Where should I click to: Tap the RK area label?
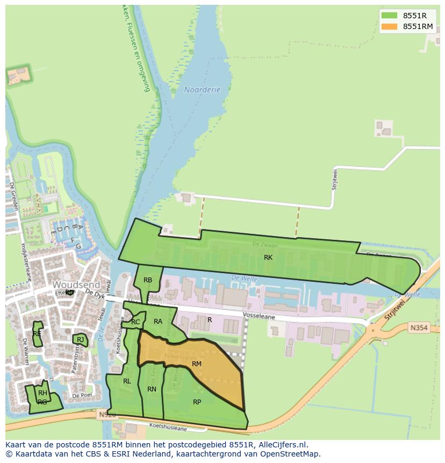click(x=268, y=258)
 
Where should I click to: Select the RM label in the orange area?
click(x=197, y=364)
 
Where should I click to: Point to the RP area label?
click(x=197, y=402)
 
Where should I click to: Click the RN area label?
click(x=152, y=389)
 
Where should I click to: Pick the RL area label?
click(x=127, y=381)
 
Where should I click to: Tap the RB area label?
click(x=148, y=280)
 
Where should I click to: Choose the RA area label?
click(x=158, y=322)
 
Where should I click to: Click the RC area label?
click(x=135, y=322)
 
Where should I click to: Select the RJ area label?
click(x=80, y=339)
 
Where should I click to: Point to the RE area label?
click(x=37, y=334)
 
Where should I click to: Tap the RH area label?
click(x=42, y=393)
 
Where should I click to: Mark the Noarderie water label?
click(x=202, y=90)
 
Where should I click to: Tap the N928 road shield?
click(x=105, y=415)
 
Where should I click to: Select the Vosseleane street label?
click(x=259, y=317)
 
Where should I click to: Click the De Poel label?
click(x=82, y=395)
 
